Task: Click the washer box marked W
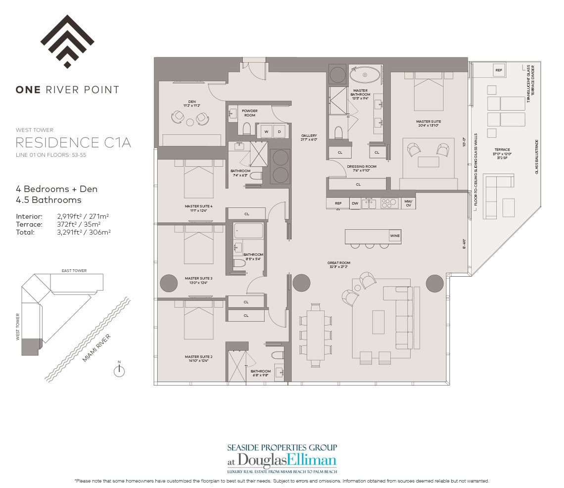click(266, 132)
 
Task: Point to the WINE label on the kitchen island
click(395, 236)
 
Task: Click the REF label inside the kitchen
click(338, 203)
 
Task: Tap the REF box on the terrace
click(498, 71)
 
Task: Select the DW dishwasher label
click(354, 203)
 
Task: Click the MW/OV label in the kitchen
click(408, 203)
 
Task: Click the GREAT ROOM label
click(338, 263)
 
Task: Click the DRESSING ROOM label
click(361, 166)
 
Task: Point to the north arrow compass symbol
click(119, 371)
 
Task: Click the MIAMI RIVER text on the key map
click(96, 348)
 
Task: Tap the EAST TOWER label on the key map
click(74, 271)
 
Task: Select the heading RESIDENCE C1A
click(73, 143)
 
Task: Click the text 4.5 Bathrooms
click(48, 200)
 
